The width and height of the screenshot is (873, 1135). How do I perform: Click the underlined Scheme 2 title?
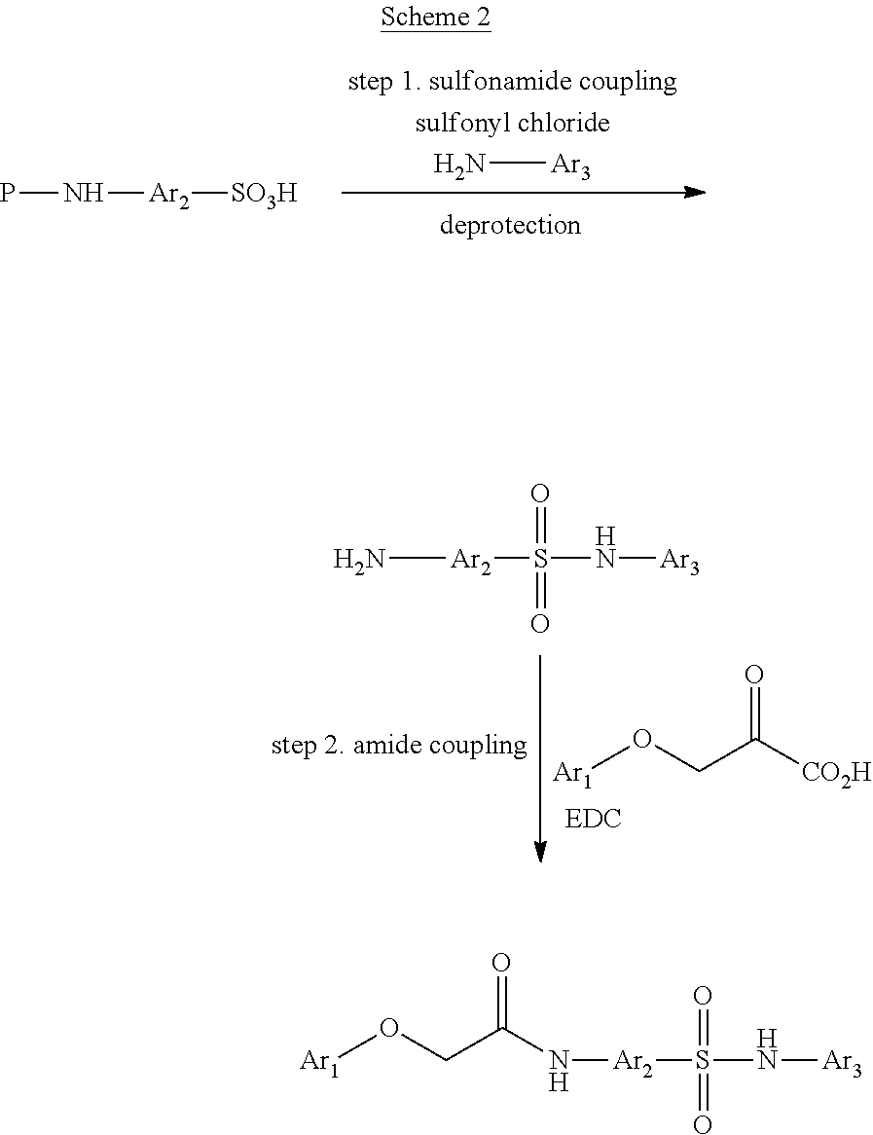pyautogui.click(x=435, y=18)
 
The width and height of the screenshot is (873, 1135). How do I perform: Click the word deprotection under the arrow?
pyautogui.click(x=510, y=226)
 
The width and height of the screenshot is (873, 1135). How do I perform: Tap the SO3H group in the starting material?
pyautogui.click(x=264, y=195)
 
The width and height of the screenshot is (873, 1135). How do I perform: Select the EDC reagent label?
pyautogui.click(x=594, y=820)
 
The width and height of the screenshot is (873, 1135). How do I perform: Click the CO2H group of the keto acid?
pyautogui.click(x=836, y=776)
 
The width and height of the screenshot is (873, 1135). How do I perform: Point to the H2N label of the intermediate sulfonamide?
pyautogui.click(x=359, y=560)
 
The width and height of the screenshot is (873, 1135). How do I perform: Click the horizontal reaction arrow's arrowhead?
pyautogui.click(x=694, y=193)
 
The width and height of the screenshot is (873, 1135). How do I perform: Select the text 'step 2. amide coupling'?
pyautogui.click(x=399, y=746)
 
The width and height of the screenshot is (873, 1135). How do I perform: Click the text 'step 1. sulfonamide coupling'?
pyautogui.click(x=512, y=81)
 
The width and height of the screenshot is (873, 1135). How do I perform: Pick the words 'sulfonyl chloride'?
pyautogui.click(x=512, y=124)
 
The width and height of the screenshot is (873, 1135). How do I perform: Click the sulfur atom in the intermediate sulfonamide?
pyautogui.click(x=540, y=561)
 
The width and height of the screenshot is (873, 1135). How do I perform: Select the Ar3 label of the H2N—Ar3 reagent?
pyautogui.click(x=571, y=166)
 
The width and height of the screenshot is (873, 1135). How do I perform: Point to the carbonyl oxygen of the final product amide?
pyautogui.click(x=501, y=963)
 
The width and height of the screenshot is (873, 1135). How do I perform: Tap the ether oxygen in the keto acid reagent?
pyautogui.click(x=641, y=739)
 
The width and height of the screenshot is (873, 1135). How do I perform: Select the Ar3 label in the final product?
pyautogui.click(x=842, y=1062)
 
